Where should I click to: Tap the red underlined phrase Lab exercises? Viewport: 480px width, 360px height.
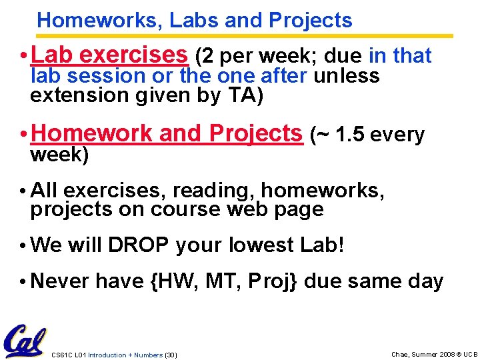pyautogui.click(x=109, y=55)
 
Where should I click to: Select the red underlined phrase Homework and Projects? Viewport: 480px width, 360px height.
pyautogui.click(x=166, y=134)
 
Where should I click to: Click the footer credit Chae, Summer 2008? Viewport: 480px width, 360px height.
pyautogui.click(x=418, y=354)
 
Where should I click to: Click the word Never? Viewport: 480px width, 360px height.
pyautogui.click(x=59, y=281)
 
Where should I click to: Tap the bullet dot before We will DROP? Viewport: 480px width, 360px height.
pyautogui.click(x=23, y=246)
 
